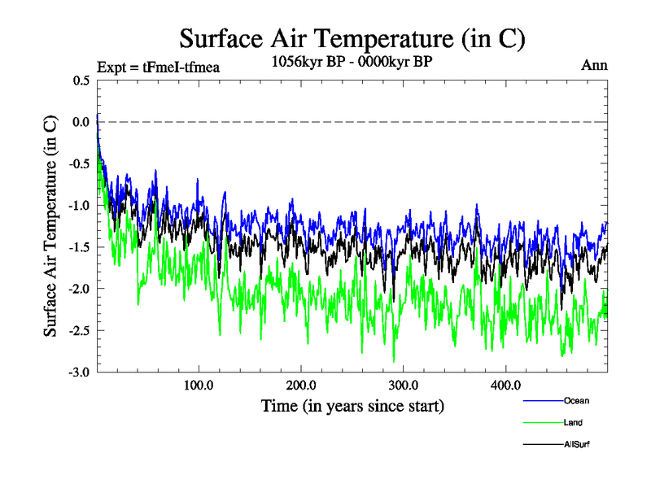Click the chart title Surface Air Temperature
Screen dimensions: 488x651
coord(352,38)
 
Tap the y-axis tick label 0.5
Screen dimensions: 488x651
coord(81,81)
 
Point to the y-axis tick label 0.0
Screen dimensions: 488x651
coord(81,122)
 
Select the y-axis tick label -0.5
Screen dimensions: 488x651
coord(80,163)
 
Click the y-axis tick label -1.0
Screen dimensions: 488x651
coord(80,205)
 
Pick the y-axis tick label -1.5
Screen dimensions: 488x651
coord(80,247)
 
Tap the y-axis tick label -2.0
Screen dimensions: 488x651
coord(80,289)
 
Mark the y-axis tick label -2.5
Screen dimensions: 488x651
coord(80,330)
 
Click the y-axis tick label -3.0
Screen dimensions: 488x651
coord(80,372)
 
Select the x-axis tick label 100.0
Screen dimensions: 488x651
coord(199,385)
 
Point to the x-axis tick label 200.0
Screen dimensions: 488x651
coord(302,385)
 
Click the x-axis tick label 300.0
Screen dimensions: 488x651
coord(404,385)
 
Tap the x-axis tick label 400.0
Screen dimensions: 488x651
coord(506,385)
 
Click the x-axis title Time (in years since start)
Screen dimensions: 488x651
coord(352,406)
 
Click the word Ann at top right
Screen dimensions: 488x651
coord(594,65)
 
